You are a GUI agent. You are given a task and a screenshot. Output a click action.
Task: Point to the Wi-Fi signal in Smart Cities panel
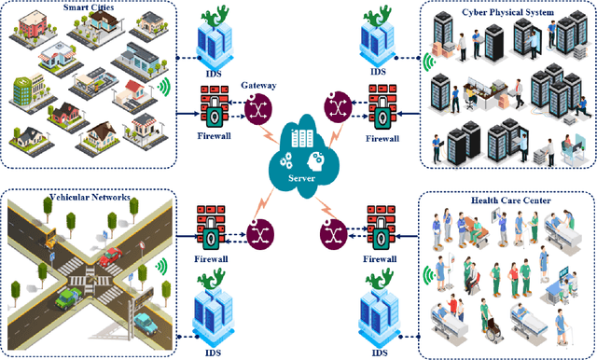[x=164, y=89]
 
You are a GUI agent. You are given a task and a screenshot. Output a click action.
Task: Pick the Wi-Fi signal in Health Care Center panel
[x=429, y=275]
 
